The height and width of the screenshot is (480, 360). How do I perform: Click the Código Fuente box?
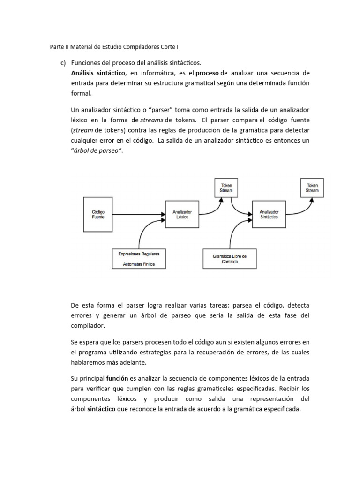(98, 215)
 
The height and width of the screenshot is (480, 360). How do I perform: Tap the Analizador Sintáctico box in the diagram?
(269, 215)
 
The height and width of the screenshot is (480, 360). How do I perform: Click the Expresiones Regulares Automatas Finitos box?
(139, 259)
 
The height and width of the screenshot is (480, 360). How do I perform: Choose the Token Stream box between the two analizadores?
(226, 187)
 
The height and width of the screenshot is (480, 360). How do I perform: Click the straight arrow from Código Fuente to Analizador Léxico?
(139, 215)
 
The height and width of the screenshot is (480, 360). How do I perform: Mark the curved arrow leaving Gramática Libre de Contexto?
(234, 232)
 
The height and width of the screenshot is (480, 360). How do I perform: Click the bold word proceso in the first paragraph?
(207, 73)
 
